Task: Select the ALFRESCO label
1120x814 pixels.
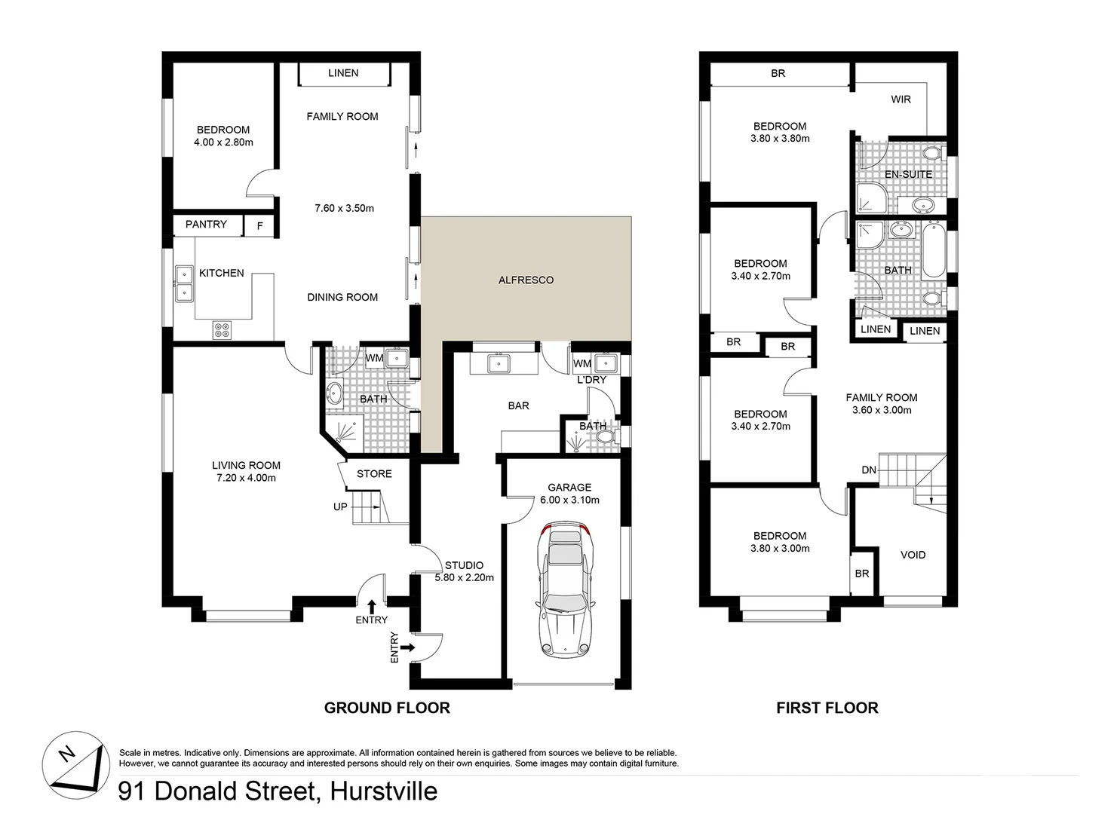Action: coord(526,280)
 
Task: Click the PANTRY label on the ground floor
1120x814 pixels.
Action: coord(206,224)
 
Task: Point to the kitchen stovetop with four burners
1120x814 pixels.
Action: coord(222,329)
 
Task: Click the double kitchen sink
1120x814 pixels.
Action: coord(184,283)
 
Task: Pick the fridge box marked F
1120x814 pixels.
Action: coord(260,225)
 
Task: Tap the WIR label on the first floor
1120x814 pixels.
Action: coord(901,99)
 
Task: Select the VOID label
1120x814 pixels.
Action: coord(913,555)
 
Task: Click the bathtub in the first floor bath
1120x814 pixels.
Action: coord(934,250)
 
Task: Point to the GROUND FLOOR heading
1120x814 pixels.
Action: coord(387,708)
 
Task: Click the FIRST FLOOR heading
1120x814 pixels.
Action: coord(827,708)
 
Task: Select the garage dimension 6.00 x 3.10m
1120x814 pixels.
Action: coord(569,500)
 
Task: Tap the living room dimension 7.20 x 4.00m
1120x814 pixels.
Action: coord(246,478)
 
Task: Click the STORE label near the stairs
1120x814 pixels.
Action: coord(374,474)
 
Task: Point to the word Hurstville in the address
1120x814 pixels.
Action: coord(383,791)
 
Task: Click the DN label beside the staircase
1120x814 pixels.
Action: coord(869,470)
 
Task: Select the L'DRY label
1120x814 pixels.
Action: coord(591,380)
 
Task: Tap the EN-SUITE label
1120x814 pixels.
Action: coord(908,174)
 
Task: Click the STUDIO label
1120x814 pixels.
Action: coord(464,565)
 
